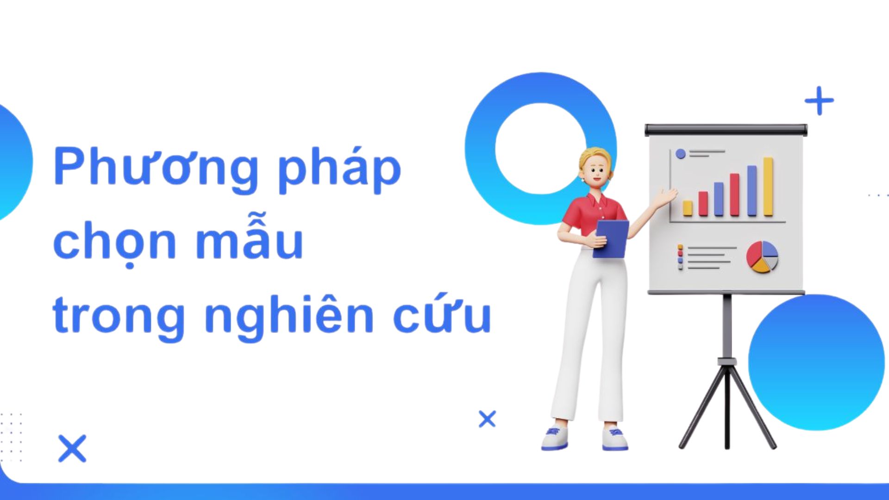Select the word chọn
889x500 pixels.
(x=114, y=241)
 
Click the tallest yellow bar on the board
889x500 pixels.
(x=768, y=187)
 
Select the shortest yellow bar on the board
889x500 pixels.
(x=688, y=208)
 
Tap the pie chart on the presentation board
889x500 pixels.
(x=762, y=256)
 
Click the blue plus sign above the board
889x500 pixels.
(x=819, y=100)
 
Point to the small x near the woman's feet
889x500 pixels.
(x=487, y=419)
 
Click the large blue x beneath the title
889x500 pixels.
(x=72, y=448)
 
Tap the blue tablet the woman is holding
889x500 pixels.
(x=611, y=239)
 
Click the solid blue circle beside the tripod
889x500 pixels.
(x=816, y=362)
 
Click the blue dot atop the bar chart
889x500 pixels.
(x=680, y=154)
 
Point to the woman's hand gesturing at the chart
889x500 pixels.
(x=669, y=196)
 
